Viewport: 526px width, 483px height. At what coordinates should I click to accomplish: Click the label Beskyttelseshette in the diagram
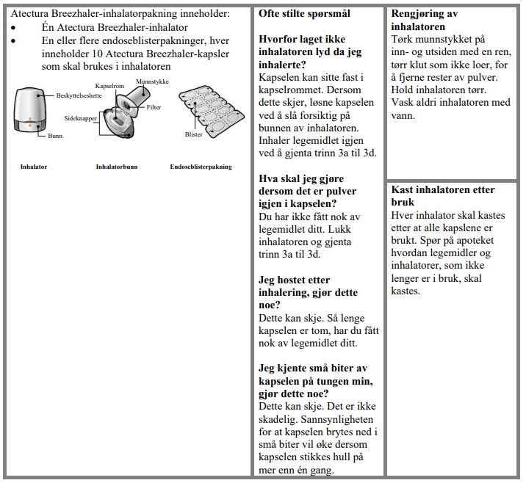(80, 95)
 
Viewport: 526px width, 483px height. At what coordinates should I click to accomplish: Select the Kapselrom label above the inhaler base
(109, 86)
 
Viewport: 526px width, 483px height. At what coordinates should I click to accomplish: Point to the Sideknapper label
(81, 117)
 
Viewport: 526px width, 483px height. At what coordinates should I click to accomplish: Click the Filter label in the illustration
(154, 107)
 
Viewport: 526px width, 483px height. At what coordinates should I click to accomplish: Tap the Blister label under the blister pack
(194, 134)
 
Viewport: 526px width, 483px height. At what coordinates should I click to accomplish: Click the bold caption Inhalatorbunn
(116, 167)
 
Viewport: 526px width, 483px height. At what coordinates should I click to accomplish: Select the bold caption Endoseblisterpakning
(201, 167)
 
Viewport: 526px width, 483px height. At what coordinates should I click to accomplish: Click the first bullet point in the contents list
(15, 27)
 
